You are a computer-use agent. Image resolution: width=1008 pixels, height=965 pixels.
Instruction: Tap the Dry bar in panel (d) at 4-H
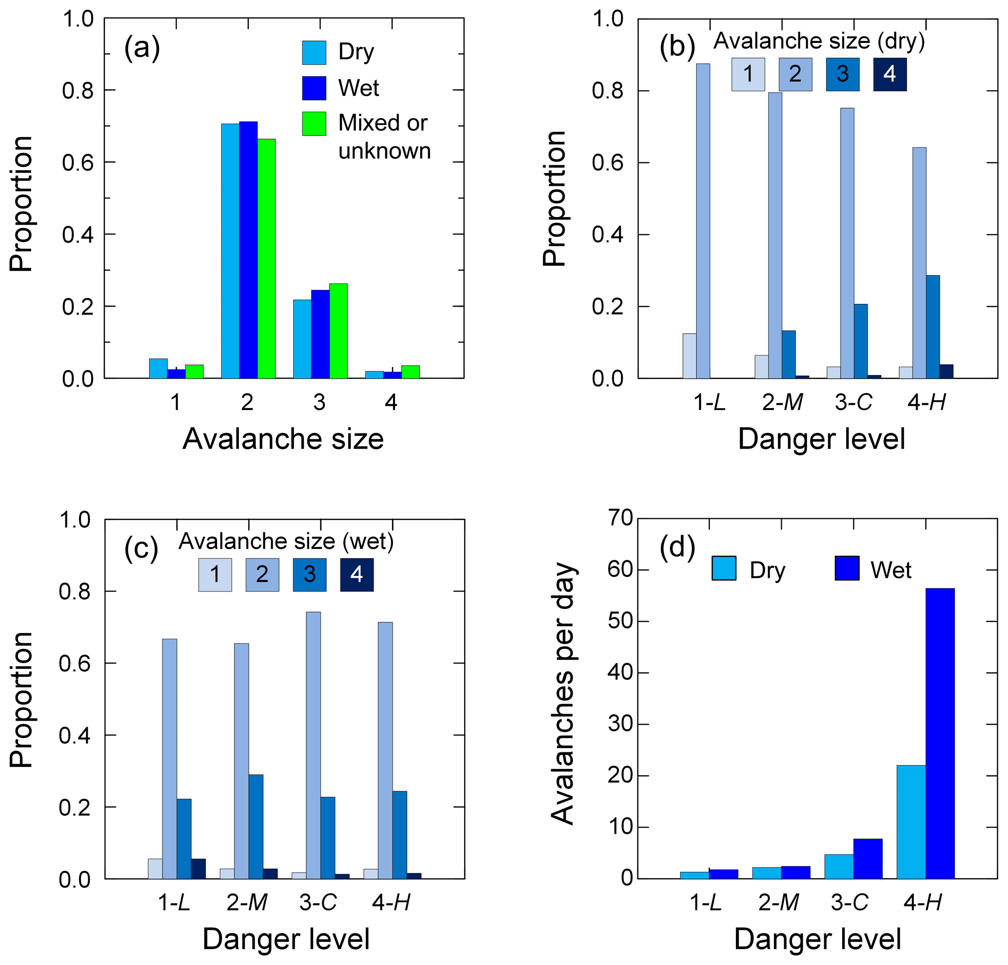pyautogui.click(x=911, y=822)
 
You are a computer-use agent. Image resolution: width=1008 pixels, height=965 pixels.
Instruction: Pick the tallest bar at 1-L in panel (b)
pyautogui.click(x=703, y=221)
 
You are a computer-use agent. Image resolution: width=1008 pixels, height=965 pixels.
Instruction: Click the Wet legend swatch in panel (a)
pyautogui.click(x=314, y=88)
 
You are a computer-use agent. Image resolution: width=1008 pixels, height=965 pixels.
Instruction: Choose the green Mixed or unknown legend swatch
pyautogui.click(x=314, y=123)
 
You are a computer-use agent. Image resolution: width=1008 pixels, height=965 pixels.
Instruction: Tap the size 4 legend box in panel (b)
pyautogui.click(x=889, y=74)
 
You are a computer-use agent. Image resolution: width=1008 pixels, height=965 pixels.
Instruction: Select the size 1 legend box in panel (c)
pyautogui.click(x=215, y=575)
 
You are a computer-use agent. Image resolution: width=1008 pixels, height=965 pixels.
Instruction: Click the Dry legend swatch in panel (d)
pyautogui.click(x=724, y=568)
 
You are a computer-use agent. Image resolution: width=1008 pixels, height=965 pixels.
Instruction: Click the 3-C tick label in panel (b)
pyautogui.click(x=853, y=402)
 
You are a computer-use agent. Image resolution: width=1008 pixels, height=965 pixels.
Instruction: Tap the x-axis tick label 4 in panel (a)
pyautogui.click(x=391, y=402)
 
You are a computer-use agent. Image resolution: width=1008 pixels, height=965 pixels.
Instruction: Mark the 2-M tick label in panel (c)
pyautogui.click(x=247, y=902)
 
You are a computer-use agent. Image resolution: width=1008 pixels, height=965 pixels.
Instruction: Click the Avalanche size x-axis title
pyautogui.click(x=283, y=439)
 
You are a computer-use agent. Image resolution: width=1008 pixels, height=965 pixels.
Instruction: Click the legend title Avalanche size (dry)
pyautogui.click(x=819, y=41)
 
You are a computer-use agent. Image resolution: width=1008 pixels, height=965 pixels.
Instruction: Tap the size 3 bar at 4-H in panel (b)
pyautogui.click(x=932, y=327)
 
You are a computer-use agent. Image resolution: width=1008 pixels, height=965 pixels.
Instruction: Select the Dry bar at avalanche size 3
pyautogui.click(x=302, y=339)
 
